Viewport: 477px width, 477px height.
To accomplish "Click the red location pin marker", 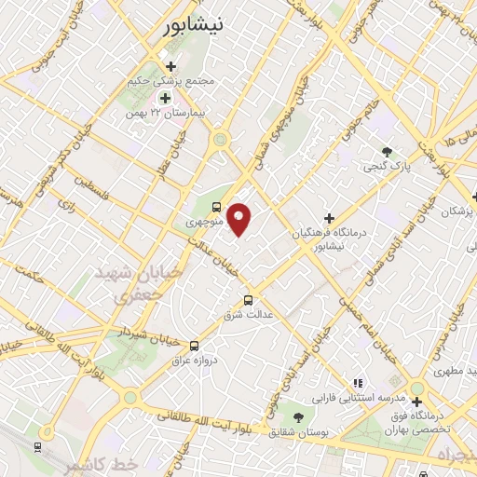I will point(239,219).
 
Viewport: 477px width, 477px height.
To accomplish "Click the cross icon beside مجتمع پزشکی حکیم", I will point(170,66).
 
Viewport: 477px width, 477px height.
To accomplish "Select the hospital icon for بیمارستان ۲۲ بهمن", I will point(165,98).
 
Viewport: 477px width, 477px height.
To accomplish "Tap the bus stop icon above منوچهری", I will point(217,207).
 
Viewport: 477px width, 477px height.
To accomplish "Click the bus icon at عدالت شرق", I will point(248,300).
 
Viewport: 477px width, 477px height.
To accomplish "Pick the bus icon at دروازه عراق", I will point(194,344).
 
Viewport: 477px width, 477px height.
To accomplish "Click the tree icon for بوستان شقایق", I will point(298,417).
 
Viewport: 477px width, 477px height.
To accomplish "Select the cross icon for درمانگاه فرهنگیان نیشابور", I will point(329,218).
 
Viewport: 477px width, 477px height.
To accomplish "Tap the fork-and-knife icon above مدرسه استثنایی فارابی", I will point(357,383).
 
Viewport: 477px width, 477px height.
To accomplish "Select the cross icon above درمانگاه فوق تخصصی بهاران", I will point(416,402).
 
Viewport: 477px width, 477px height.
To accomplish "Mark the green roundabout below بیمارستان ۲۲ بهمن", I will point(221,140).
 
